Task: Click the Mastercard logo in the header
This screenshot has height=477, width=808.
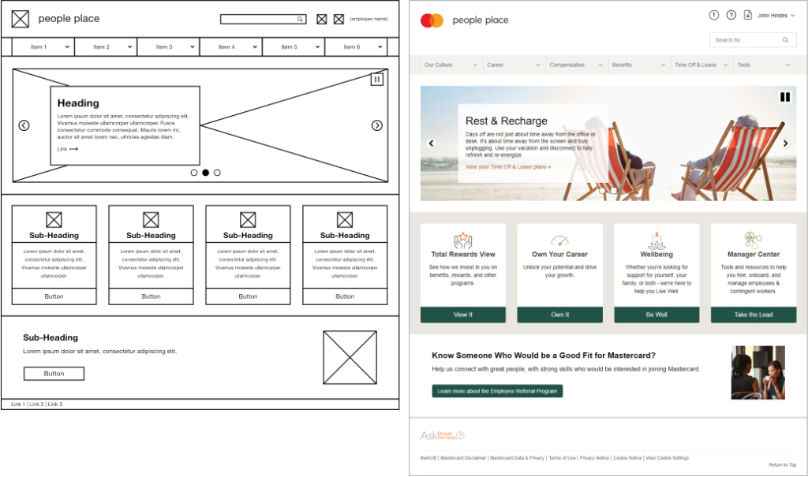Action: point(432,20)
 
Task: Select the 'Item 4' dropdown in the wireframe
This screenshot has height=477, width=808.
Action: point(230,47)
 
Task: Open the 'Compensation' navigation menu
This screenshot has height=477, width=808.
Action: point(576,65)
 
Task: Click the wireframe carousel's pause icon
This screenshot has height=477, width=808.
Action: point(377,79)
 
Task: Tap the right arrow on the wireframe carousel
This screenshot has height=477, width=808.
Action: point(377,125)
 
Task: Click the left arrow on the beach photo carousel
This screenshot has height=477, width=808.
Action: point(431,143)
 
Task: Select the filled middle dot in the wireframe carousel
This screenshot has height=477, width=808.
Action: point(205,173)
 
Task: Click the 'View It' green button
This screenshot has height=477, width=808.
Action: point(463,315)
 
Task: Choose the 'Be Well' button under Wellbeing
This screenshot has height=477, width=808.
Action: point(656,315)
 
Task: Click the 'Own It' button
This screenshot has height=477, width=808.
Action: point(559,315)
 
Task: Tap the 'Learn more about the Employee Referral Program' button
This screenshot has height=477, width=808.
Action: point(497,391)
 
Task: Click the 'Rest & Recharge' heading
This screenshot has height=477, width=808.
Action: point(506,121)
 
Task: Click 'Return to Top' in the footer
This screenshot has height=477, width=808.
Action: point(782,465)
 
